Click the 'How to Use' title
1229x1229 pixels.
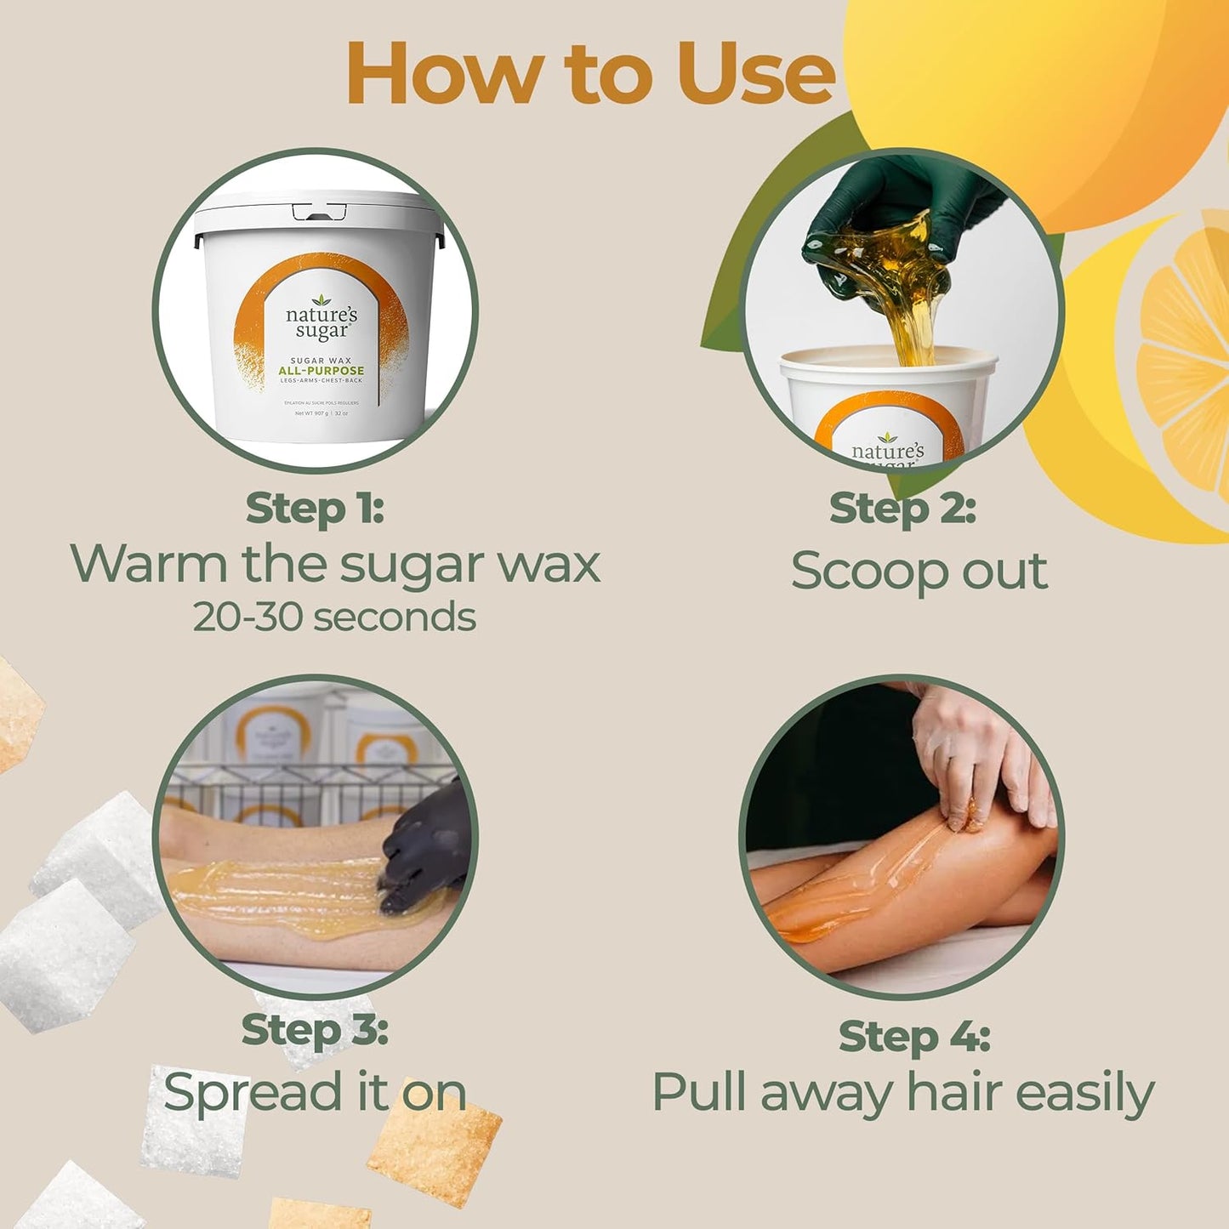(x=590, y=73)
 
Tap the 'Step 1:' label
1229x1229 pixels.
(x=315, y=509)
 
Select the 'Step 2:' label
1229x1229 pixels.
(x=902, y=509)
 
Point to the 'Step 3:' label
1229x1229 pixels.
(x=315, y=1030)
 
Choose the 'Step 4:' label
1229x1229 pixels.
(x=914, y=1037)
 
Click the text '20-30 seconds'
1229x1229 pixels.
(x=333, y=617)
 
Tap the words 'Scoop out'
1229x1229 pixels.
(x=919, y=571)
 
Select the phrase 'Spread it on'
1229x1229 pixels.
(x=315, y=1092)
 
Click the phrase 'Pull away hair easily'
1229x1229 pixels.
(x=902, y=1092)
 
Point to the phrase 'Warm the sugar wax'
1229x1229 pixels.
(x=335, y=564)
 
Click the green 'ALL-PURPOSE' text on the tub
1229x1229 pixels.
(x=321, y=371)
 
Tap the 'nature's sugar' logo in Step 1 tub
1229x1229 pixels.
(x=321, y=321)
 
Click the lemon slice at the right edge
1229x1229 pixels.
(x=1186, y=349)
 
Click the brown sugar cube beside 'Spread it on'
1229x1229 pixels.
(x=434, y=1152)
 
